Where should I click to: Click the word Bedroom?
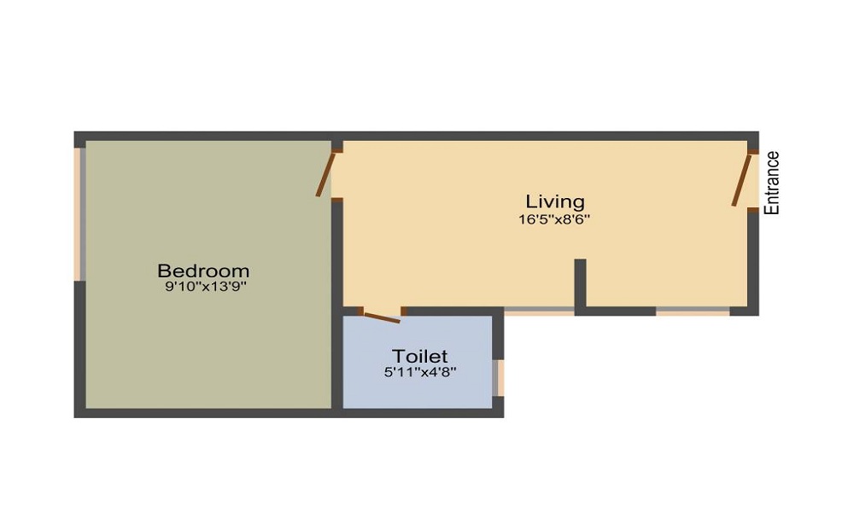pyautogui.click(x=203, y=271)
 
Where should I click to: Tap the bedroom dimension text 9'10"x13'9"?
pyautogui.click(x=206, y=288)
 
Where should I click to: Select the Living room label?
pyautogui.click(x=555, y=201)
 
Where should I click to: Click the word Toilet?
pyautogui.click(x=419, y=356)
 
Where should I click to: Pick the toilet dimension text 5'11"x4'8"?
pyautogui.click(x=419, y=372)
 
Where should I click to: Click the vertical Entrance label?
pyautogui.click(x=772, y=183)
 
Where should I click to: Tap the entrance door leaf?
pyautogui.click(x=740, y=180)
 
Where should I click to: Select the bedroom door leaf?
pyautogui.click(x=325, y=173)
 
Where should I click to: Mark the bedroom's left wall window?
pyautogui.click(x=79, y=213)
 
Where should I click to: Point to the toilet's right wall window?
pyautogui.click(x=500, y=377)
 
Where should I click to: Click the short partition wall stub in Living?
pyautogui.click(x=580, y=282)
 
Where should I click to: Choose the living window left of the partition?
pyautogui.click(x=539, y=311)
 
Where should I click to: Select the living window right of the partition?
pyautogui.click(x=693, y=311)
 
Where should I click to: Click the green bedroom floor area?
pyautogui.click(x=205, y=350)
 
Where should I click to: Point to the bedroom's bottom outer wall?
pyautogui.click(x=205, y=412)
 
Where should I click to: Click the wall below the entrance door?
pyautogui.click(x=753, y=256)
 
